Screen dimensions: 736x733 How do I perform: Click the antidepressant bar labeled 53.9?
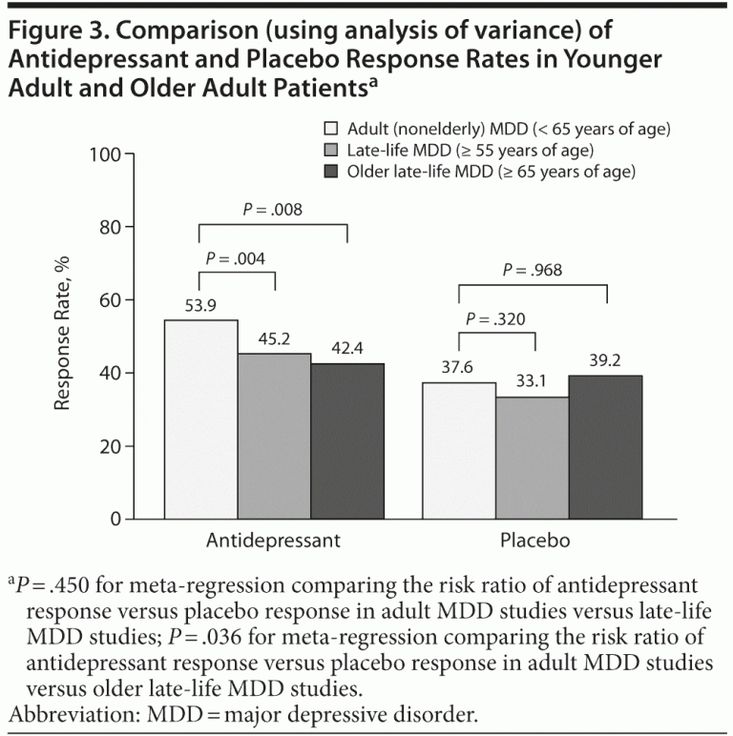pos(200,419)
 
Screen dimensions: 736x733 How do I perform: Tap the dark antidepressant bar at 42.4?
pos(347,440)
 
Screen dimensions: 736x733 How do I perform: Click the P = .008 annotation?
pos(273,209)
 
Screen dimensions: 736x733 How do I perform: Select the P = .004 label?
pos(236,257)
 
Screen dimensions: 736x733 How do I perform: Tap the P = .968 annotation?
pos(534,270)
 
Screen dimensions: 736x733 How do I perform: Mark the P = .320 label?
pos(496,318)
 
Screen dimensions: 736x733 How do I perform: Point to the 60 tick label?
pos(112,300)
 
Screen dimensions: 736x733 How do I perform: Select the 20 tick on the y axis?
pos(112,446)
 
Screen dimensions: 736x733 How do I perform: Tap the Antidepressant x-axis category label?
pos(274,541)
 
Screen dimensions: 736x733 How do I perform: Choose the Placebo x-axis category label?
pos(534,541)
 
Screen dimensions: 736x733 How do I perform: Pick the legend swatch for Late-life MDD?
pos(333,150)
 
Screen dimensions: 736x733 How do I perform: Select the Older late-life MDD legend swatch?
pos(333,172)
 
